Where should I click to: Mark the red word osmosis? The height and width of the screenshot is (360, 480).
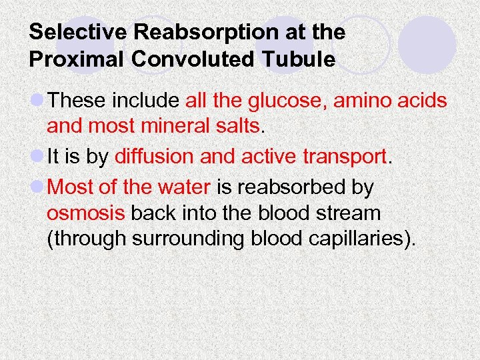pos(86,213)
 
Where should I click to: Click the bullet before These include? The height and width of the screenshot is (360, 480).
pos(37,101)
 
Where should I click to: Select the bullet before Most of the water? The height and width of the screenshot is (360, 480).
pos(37,187)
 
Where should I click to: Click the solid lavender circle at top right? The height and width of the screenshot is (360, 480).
pos(427,45)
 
